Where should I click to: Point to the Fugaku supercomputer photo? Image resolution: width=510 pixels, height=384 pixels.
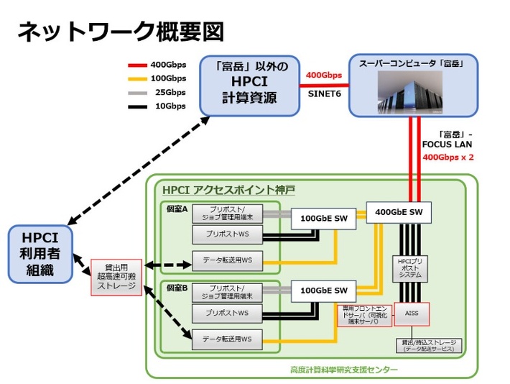pyautogui.click(x=412, y=93)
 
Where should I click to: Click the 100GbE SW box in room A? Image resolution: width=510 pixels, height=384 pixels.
pyautogui.click(x=323, y=218)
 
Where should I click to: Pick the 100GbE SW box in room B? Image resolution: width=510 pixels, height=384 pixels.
pyautogui.click(x=323, y=291)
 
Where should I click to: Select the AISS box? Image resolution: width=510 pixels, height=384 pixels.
pyautogui.click(x=412, y=314)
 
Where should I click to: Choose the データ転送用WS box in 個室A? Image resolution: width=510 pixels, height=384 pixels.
pyautogui.click(x=226, y=259)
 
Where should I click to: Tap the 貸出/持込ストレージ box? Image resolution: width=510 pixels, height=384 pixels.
pyautogui.click(x=429, y=345)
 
